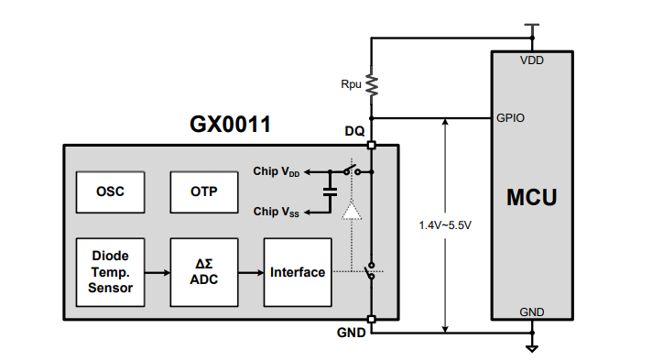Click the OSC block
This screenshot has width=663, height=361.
tap(111, 192)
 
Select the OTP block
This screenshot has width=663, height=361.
tap(204, 192)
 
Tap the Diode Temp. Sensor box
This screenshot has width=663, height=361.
tap(111, 272)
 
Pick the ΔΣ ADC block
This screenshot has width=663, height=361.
tap(204, 272)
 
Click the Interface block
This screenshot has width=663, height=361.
tap(298, 272)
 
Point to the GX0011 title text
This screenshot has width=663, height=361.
tap(230, 125)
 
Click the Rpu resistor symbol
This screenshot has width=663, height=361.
tap(372, 85)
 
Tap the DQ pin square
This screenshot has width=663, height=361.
tap(372, 145)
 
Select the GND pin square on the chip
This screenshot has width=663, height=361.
tap(372, 319)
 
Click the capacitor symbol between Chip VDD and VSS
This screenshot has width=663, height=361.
tap(331, 191)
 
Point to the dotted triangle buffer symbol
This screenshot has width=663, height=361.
tap(352, 211)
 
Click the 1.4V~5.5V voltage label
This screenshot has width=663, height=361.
tap(445, 225)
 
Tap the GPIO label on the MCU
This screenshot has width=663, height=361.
tap(510, 117)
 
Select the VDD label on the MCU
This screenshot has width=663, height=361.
tap(532, 60)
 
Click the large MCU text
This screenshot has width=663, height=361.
tap(532, 197)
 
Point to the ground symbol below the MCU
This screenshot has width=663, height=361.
tap(532, 349)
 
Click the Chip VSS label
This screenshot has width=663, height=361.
tap(277, 212)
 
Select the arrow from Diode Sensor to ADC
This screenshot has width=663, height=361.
tap(158, 272)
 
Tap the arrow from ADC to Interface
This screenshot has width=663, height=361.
tap(251, 272)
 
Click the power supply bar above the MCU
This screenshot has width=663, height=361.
tap(532, 25)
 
